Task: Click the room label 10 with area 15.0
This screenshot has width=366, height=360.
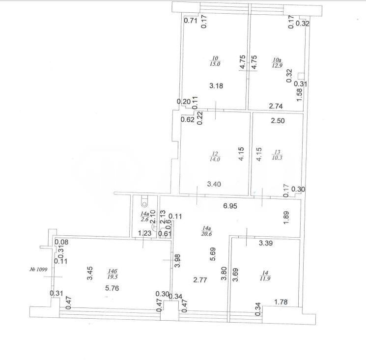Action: point(215,61)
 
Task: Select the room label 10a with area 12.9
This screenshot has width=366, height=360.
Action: point(277,63)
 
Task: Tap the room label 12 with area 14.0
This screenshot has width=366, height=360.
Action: point(215,157)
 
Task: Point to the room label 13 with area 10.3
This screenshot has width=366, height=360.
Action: point(277,155)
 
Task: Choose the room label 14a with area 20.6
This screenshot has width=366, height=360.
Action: point(206,231)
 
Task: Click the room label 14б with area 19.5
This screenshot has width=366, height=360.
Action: point(113,274)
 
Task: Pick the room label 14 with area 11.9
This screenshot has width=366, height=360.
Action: point(265,276)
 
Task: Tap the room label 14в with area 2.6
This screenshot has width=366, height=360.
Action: point(145,217)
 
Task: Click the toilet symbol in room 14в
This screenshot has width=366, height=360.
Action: point(144,201)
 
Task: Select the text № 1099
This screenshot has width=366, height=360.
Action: point(38,270)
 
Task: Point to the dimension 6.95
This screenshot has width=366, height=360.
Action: point(230,206)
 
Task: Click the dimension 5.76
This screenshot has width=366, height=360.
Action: point(112,288)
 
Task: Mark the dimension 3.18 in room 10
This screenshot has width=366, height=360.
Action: point(216,86)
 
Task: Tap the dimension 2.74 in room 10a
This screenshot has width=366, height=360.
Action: point(276,106)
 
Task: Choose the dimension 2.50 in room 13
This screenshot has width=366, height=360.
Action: point(278,121)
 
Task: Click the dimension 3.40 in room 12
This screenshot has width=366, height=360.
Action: point(214,184)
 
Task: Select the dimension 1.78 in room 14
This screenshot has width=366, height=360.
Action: point(281,302)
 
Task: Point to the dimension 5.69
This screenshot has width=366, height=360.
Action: point(213,254)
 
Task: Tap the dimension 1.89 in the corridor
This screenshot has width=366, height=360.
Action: point(286,218)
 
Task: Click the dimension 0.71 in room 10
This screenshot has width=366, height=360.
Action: point(191,21)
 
